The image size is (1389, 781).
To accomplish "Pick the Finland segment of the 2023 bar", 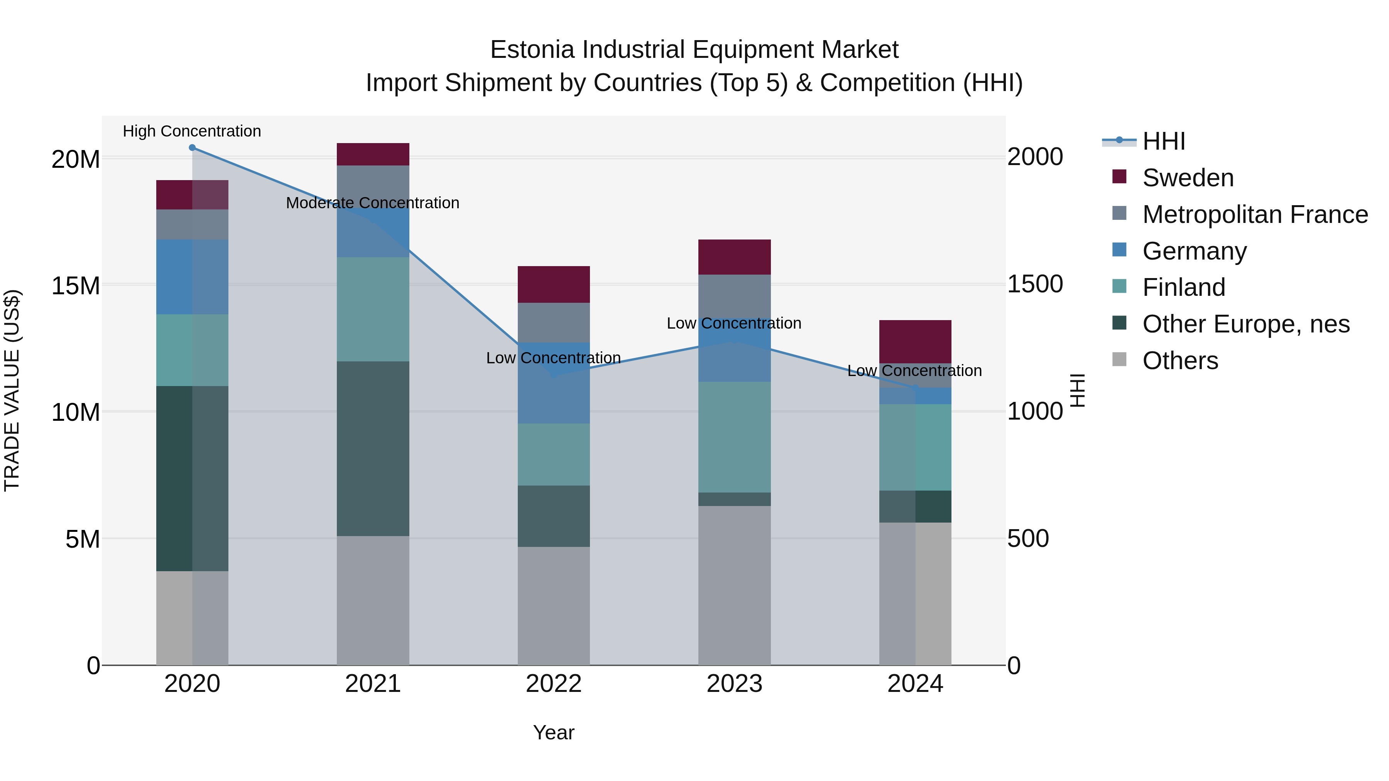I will click(x=734, y=437).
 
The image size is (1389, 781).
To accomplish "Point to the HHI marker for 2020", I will click(x=192, y=148).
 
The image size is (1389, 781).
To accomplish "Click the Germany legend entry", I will click(x=1194, y=251).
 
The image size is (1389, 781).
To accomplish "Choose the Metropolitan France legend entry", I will click(x=1254, y=214).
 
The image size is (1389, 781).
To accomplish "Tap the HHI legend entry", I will click(x=1164, y=141).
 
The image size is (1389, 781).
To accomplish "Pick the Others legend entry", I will click(x=1180, y=360).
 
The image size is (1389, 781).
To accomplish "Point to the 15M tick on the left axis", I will click(x=76, y=285).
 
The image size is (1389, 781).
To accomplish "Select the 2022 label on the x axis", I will click(x=553, y=684).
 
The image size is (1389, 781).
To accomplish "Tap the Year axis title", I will click(x=553, y=732).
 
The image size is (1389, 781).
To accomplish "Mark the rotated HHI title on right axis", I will click(x=1077, y=390).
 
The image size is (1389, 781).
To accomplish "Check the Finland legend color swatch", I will click(x=1119, y=286).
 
